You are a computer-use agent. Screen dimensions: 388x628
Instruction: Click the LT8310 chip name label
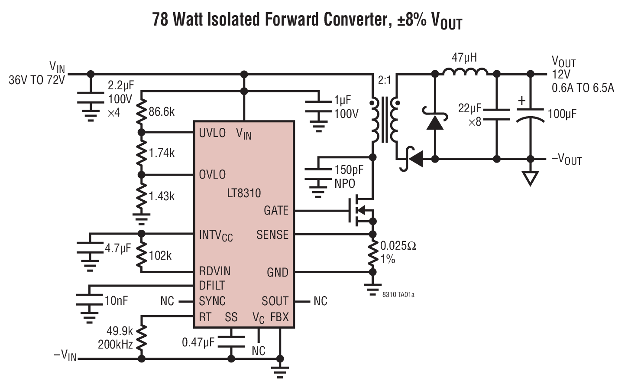click(x=244, y=193)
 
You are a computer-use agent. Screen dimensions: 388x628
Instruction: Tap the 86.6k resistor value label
click(x=162, y=112)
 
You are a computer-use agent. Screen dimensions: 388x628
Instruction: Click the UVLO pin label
click(x=212, y=133)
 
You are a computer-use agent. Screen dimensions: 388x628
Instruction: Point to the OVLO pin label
click(x=212, y=175)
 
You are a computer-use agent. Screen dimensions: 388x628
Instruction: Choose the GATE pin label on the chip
click(x=276, y=211)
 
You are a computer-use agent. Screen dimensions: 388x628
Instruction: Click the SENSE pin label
click(x=272, y=235)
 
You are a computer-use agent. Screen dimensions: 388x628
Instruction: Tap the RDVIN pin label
click(x=214, y=271)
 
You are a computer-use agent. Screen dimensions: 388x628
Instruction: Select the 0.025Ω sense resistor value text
click(x=398, y=246)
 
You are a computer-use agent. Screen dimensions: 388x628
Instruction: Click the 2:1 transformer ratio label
click(x=384, y=80)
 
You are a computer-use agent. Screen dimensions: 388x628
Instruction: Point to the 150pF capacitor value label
click(x=349, y=170)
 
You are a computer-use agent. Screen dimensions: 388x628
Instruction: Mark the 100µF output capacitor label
click(x=562, y=114)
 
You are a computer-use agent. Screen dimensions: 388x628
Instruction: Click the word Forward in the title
click(x=293, y=20)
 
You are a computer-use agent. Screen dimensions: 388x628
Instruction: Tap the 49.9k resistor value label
click(x=120, y=331)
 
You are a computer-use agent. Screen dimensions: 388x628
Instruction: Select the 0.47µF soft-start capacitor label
click(x=198, y=342)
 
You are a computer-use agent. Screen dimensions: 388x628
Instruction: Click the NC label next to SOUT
click(x=320, y=301)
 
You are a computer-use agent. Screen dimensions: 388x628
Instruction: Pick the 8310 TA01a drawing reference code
click(x=398, y=295)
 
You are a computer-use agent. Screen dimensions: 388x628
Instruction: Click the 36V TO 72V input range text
click(x=37, y=80)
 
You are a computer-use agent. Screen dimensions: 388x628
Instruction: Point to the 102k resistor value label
click(x=160, y=256)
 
